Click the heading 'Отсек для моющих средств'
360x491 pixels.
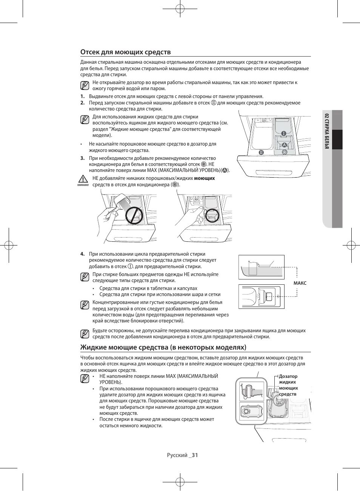pos(125,52)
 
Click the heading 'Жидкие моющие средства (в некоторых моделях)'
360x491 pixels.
pos(163,347)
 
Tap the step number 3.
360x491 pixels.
pos(82,158)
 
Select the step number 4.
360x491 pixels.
pos(82,254)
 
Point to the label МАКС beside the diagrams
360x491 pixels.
pos(300,283)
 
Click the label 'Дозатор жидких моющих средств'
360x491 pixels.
pos(288,385)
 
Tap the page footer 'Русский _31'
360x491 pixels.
pos(183,455)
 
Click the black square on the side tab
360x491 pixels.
pos(337,140)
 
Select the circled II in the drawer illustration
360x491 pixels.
pos(261,152)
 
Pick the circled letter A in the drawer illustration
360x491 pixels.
pos(285,145)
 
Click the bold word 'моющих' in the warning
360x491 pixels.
pos(204,178)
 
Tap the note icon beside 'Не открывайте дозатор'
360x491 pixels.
pos(85,85)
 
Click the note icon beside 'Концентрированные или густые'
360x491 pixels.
pos(85,305)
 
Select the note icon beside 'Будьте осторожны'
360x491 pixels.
pos(85,334)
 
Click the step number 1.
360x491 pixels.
pos(82,97)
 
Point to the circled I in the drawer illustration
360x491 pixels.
pos(283,133)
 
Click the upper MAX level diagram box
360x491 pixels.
pos(261,267)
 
